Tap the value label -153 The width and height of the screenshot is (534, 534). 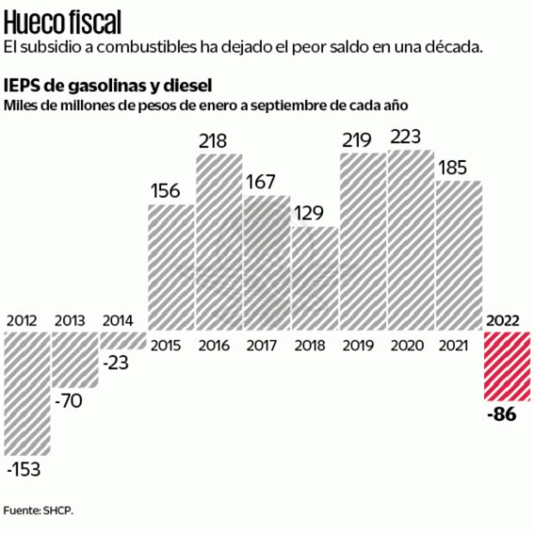click(x=26, y=470)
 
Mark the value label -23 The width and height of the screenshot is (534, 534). click(x=116, y=363)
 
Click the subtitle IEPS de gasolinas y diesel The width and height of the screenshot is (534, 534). click(x=108, y=86)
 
